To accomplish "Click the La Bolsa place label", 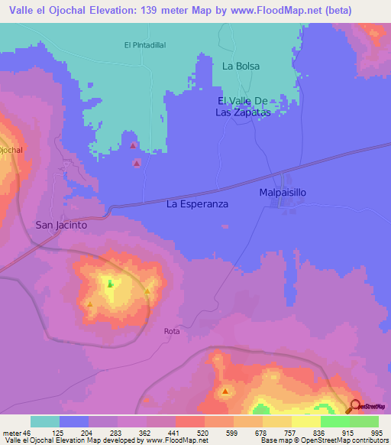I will (241, 66).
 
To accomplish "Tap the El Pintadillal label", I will (145, 45).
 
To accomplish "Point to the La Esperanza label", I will (198, 204).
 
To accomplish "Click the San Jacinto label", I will (62, 226).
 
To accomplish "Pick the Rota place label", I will (171, 331).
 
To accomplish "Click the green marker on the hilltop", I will (110, 284).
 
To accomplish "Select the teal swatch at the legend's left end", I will (45, 421).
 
